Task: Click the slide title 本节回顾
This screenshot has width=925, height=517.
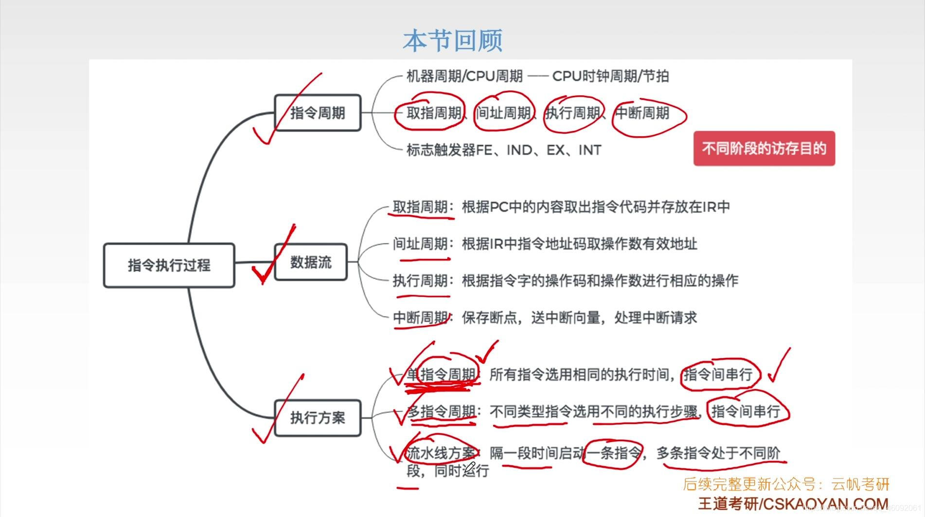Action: (453, 40)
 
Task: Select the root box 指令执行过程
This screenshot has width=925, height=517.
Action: (169, 265)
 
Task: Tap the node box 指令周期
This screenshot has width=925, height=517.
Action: (318, 113)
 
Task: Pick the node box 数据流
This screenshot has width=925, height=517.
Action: (311, 262)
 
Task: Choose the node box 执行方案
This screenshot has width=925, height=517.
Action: (318, 418)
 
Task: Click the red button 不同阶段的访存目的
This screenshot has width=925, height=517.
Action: (764, 148)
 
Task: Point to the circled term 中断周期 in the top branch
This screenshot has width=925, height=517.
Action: (642, 113)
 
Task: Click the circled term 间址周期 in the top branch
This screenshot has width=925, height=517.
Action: (503, 113)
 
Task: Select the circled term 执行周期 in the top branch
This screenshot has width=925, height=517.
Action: (572, 113)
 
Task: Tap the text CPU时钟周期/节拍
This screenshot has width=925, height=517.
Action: (610, 76)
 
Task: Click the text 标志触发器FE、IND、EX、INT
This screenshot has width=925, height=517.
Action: (504, 150)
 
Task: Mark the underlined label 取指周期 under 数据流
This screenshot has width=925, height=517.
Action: (420, 207)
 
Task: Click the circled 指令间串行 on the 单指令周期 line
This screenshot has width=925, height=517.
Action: (718, 374)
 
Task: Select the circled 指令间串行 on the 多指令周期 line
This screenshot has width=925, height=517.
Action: (746, 411)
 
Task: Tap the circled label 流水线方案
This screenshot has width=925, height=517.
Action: (441, 453)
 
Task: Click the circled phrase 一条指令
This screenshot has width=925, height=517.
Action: (614, 453)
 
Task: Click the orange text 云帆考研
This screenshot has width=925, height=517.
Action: (860, 484)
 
